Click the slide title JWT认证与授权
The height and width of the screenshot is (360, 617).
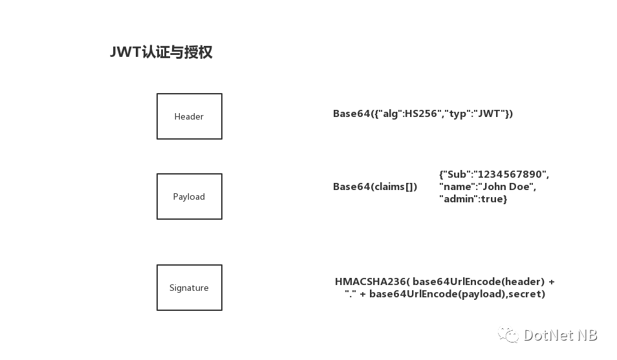point(161,52)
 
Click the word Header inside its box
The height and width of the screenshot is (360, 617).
point(189,117)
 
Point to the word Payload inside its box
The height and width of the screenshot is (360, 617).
point(189,197)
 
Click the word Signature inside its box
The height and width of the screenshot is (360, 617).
point(189,288)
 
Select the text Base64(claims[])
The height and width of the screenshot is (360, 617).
point(375,187)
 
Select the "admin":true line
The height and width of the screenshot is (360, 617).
point(473,199)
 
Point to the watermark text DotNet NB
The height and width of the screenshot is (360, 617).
point(560,335)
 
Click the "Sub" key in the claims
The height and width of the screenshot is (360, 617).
point(457,175)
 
